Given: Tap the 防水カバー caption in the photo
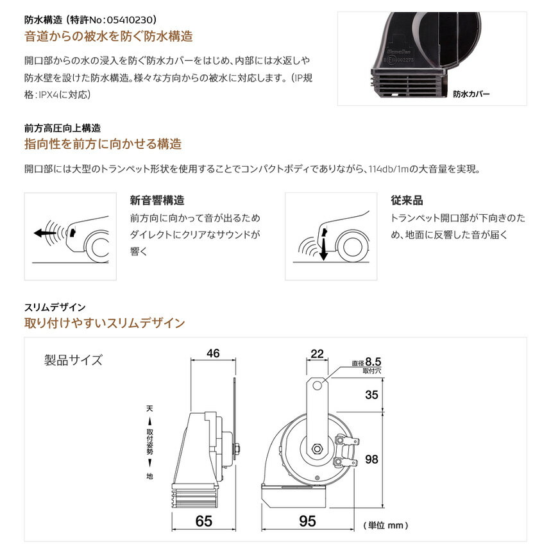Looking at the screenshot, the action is (471, 94).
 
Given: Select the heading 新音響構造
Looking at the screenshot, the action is (157, 200).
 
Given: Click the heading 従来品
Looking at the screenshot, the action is (407, 200).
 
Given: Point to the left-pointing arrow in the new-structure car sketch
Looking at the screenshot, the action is (45, 233).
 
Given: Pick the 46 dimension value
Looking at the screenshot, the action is (213, 353).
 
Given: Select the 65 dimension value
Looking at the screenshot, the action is (204, 521).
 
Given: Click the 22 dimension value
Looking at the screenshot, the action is (317, 353).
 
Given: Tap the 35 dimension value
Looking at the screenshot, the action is (371, 394).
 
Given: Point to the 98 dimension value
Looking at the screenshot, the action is (371, 459).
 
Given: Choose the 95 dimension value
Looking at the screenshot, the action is (307, 521).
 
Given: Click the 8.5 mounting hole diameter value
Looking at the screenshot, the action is (373, 362).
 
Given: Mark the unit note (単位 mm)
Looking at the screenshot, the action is (386, 525).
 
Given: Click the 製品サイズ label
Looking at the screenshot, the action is (73, 360).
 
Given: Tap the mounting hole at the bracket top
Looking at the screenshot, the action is (317, 386).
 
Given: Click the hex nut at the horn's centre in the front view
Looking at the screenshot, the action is (318, 449).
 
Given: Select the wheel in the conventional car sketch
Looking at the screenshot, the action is (352, 247).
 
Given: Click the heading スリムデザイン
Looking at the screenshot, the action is (55, 307).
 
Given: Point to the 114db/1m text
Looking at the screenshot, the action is (389, 169).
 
